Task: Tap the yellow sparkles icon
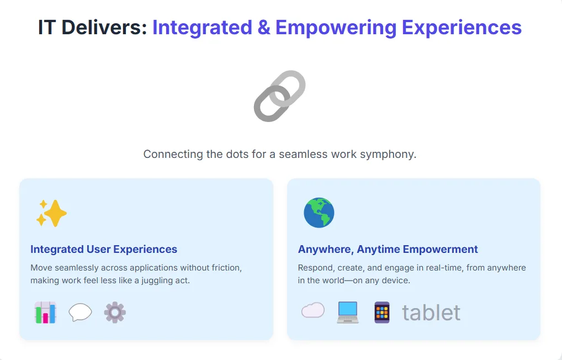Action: click(x=51, y=213)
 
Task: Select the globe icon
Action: click(x=319, y=213)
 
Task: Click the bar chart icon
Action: click(x=45, y=313)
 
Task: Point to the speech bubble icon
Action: click(x=80, y=313)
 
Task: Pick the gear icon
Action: click(x=115, y=313)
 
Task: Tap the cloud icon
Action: click(x=313, y=310)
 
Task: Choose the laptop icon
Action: click(x=348, y=313)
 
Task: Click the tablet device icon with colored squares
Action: click(x=382, y=313)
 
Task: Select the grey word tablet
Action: click(x=431, y=313)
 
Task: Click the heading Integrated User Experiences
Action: click(x=104, y=249)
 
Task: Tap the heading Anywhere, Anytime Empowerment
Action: click(x=388, y=249)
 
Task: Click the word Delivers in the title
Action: click(x=104, y=28)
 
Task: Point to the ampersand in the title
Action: click(x=264, y=28)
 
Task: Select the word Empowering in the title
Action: click(x=336, y=28)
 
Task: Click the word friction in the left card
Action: click(x=226, y=268)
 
